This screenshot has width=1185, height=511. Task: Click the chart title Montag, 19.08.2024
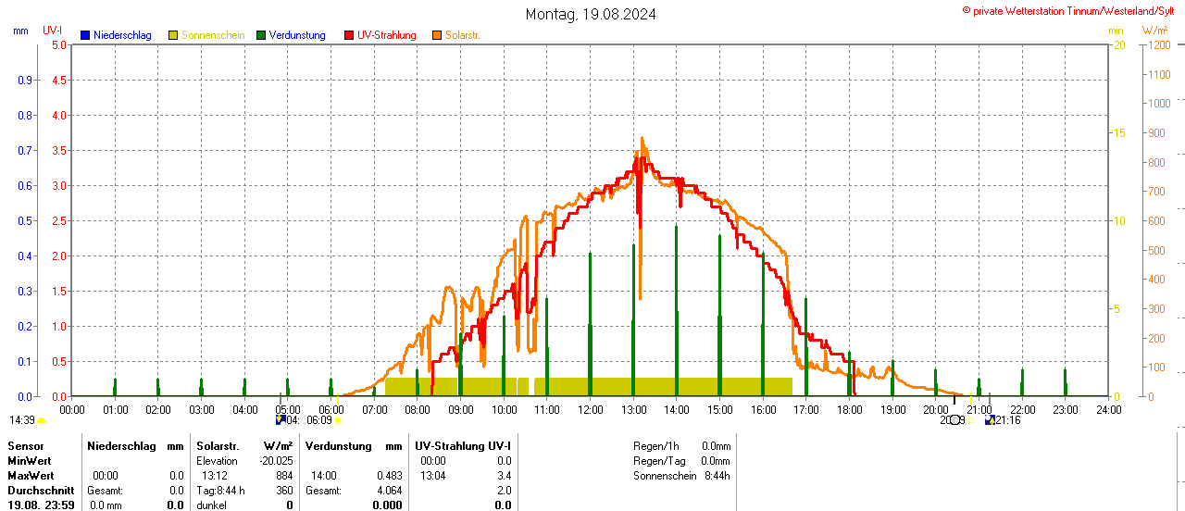click(591, 14)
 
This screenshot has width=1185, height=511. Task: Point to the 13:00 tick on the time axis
click(633, 409)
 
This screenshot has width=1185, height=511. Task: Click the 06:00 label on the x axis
click(331, 409)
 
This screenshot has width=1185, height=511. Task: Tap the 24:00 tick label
click(1108, 409)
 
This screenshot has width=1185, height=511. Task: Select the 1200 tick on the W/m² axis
click(1157, 44)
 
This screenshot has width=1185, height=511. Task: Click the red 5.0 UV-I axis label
click(58, 44)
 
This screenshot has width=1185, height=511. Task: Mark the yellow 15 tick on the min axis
click(1119, 132)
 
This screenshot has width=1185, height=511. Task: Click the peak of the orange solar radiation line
click(642, 139)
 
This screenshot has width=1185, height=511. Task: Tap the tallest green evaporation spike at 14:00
click(676, 227)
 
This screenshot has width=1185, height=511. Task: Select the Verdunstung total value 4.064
click(388, 491)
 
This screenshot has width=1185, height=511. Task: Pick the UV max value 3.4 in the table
click(504, 476)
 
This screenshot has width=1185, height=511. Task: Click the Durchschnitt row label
click(41, 491)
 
